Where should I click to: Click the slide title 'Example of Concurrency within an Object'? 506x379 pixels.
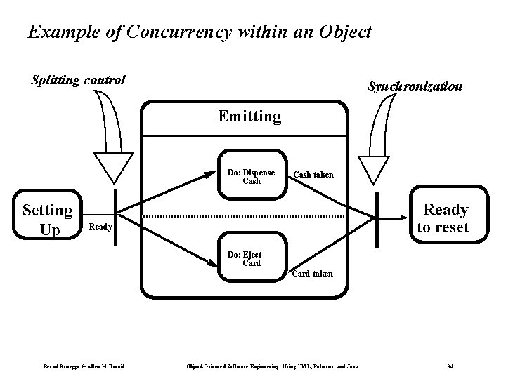click(x=199, y=32)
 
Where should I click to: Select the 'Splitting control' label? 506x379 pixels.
click(x=78, y=80)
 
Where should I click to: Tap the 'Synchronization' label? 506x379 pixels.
click(x=415, y=87)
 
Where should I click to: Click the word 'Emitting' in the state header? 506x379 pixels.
click(x=249, y=116)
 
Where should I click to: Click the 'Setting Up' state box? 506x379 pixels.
click(x=47, y=219)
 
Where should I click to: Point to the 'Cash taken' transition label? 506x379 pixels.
click(x=313, y=174)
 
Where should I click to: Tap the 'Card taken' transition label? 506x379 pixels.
click(x=312, y=273)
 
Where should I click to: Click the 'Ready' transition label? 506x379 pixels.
click(x=100, y=227)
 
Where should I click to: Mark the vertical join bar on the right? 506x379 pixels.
click(x=377, y=215)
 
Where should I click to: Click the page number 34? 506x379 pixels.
click(x=450, y=366)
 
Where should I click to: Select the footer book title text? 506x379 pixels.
click(x=272, y=366)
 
